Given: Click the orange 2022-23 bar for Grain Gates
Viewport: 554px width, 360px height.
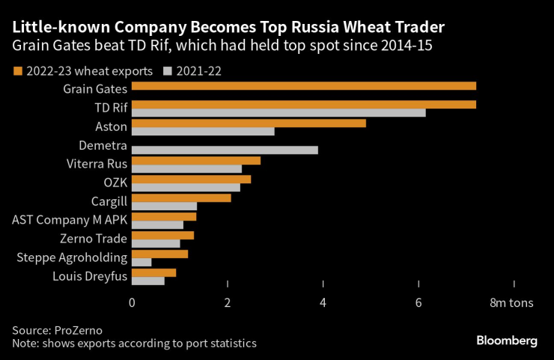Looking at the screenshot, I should click(x=303, y=86).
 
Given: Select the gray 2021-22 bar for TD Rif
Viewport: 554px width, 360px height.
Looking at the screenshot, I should click(x=278, y=113).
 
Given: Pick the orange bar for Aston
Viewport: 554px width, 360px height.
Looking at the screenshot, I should click(x=249, y=123).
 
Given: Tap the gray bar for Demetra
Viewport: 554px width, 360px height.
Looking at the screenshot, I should click(x=225, y=150).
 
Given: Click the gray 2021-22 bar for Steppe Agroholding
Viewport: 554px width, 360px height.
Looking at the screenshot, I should click(x=141, y=263).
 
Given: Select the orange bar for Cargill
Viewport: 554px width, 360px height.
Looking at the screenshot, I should click(x=181, y=198).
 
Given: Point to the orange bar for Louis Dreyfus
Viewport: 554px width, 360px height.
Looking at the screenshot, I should click(x=153, y=272).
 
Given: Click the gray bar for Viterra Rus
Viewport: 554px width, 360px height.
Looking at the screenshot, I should click(x=186, y=169).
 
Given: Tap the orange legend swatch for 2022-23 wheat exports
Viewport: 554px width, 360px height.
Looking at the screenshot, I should click(x=17, y=71).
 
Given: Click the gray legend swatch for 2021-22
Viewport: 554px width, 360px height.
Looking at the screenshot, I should click(x=167, y=71).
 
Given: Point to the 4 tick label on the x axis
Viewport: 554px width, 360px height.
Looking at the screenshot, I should click(x=323, y=302).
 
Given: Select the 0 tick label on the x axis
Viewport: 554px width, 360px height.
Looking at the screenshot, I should click(x=132, y=302).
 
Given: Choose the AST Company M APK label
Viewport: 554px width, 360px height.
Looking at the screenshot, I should click(x=70, y=220).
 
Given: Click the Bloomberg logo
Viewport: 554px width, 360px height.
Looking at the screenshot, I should click(x=507, y=341).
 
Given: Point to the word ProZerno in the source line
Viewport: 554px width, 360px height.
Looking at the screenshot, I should click(x=77, y=330).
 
